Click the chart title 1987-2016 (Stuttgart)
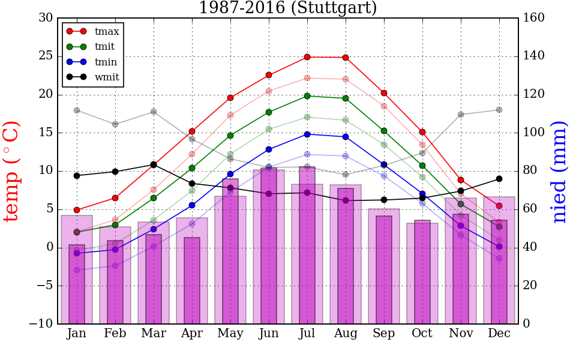(x=288, y=8)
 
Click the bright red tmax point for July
(x=307, y=57)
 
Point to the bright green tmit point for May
(x=230, y=136)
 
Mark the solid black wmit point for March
(x=154, y=164)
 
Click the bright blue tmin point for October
(x=422, y=194)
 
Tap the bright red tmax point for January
(x=77, y=210)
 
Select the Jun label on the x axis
(x=269, y=334)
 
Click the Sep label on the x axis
(x=384, y=334)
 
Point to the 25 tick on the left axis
(x=46, y=56)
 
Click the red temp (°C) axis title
(x=12, y=171)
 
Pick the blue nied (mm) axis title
(x=559, y=171)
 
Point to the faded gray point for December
(x=499, y=110)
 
